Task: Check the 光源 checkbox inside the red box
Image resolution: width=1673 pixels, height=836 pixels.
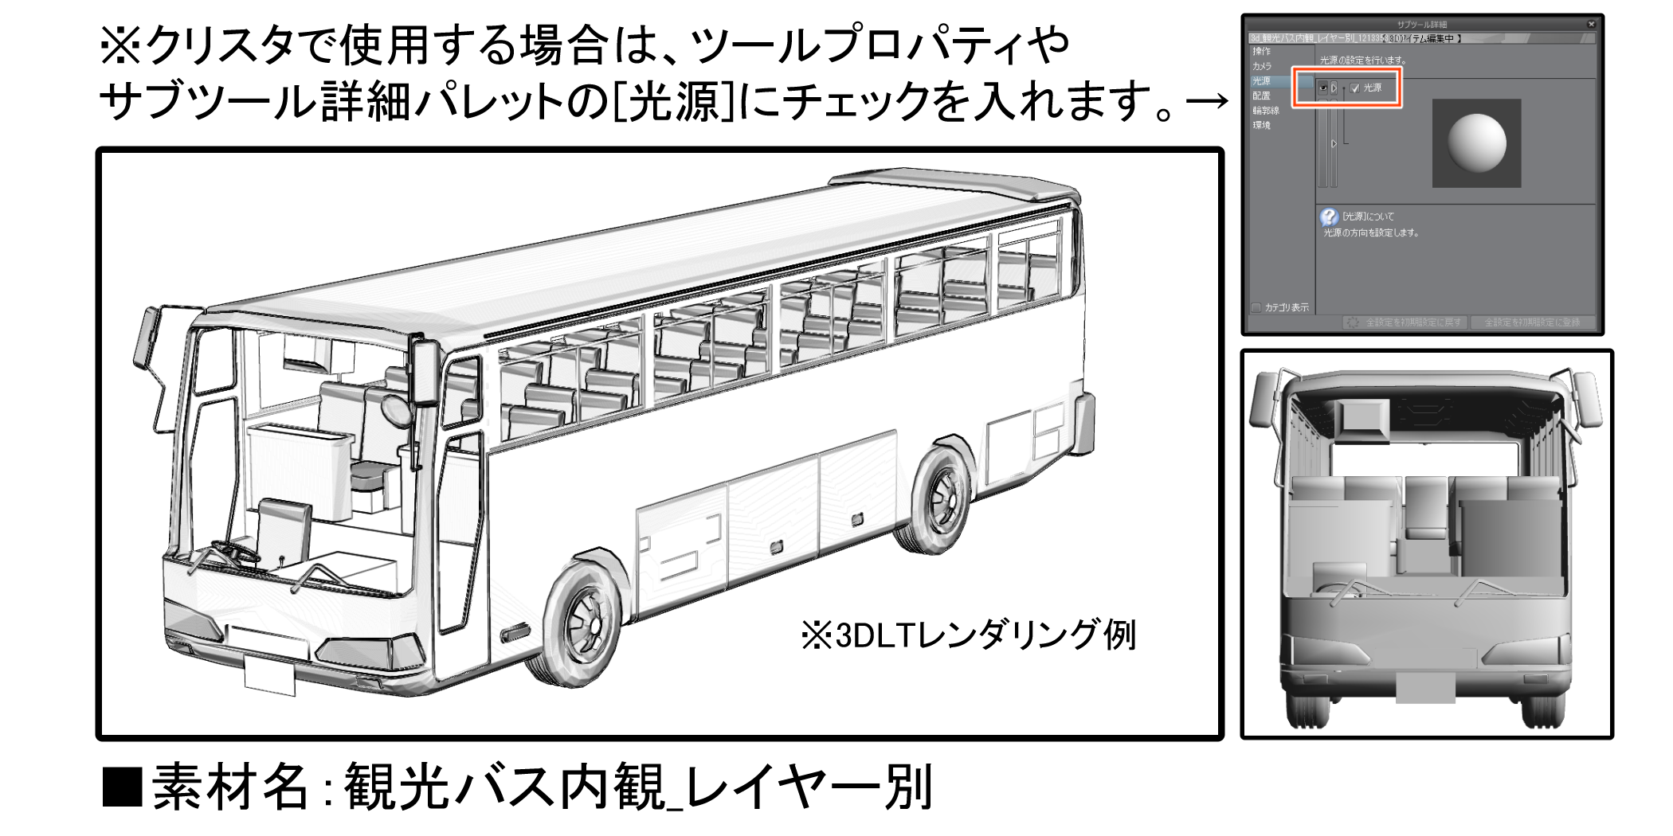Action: pos(1355,88)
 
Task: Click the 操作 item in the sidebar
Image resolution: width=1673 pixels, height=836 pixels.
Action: pos(1261,52)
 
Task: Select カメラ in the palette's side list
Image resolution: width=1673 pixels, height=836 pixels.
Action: pos(1262,66)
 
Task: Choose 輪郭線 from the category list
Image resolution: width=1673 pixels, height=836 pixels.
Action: pos(1265,111)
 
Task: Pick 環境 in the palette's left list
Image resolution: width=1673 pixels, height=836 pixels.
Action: pos(1261,125)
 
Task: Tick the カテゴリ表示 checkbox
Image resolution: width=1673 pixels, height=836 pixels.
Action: pos(1256,307)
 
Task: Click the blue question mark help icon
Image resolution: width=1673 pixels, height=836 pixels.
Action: pos(1328,217)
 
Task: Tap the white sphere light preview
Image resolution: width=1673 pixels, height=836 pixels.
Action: pos(1476,143)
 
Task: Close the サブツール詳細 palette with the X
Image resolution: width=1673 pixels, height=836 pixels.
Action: pos(1592,25)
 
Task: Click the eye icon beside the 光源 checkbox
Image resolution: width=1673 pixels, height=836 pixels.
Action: pos(1323,88)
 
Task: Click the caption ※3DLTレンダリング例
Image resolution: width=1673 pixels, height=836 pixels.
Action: pos(968,635)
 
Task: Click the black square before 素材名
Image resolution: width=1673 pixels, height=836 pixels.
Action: pos(122,787)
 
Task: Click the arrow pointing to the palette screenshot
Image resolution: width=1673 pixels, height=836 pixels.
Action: pos(1206,102)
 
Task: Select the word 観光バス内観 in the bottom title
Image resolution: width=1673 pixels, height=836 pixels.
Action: pos(503,787)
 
